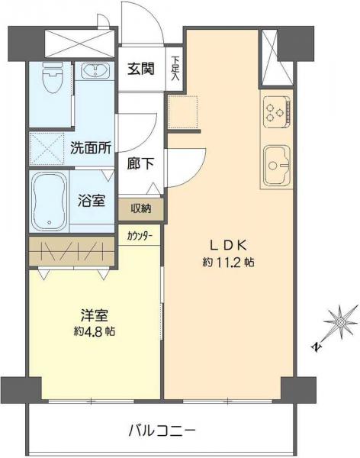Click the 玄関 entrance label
tap(140, 68)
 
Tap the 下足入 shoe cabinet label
tap(175, 68)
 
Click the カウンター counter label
tap(140, 236)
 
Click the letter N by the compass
tap(315, 347)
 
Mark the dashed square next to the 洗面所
tap(47, 147)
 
